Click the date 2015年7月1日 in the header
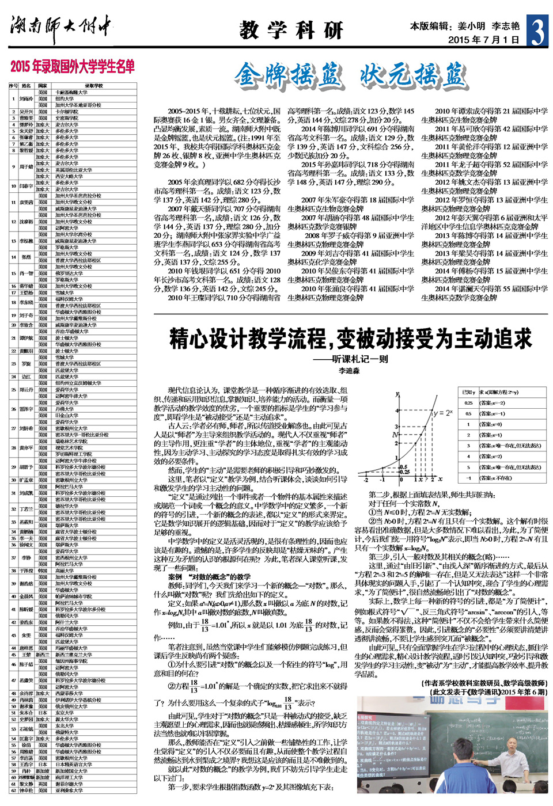483,40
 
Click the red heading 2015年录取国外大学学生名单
73,67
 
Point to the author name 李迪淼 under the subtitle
349,371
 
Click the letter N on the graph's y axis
395,435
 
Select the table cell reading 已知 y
468,392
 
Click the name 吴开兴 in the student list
26,112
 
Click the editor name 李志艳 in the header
506,26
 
